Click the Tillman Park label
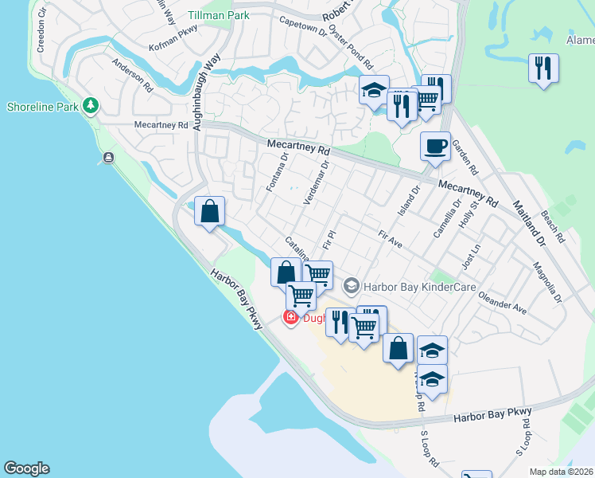(219, 15)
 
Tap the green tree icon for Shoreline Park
(92, 106)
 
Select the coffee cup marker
(435, 147)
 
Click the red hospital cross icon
(290, 318)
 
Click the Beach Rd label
(552, 226)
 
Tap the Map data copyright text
(562, 472)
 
